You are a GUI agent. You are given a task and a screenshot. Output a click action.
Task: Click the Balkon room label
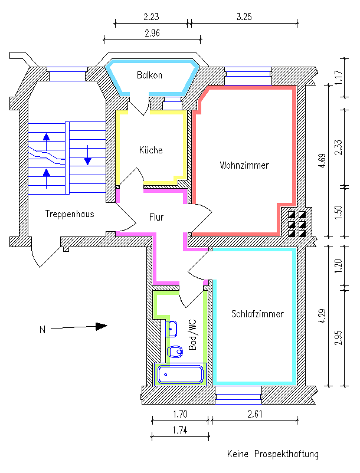tap(149, 75)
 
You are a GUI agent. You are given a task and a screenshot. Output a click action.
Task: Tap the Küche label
tap(150, 150)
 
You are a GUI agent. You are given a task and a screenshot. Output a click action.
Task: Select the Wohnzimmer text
tap(244, 166)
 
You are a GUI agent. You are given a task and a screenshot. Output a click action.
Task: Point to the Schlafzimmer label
tap(257, 314)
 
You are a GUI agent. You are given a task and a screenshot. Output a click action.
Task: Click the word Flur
tap(156, 218)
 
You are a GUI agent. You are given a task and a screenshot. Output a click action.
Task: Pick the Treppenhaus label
tap(70, 214)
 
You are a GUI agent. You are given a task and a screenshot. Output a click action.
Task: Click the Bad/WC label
tap(192, 335)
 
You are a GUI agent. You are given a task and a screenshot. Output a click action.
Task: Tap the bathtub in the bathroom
tap(181, 375)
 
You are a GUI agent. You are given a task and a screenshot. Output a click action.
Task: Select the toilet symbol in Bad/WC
tap(175, 352)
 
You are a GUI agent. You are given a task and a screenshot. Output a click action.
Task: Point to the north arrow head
tap(102, 326)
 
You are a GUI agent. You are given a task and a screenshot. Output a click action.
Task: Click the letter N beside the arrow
tap(42, 330)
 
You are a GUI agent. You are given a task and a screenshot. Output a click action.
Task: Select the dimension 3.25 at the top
tap(244, 17)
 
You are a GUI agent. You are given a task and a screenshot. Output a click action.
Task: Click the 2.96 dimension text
tap(152, 33)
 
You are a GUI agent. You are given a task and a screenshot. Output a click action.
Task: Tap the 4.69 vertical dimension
tap(322, 161)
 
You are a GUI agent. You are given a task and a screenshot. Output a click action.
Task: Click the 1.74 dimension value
tap(180, 431)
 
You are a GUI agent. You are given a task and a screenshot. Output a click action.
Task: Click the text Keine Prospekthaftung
tap(273, 454)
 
